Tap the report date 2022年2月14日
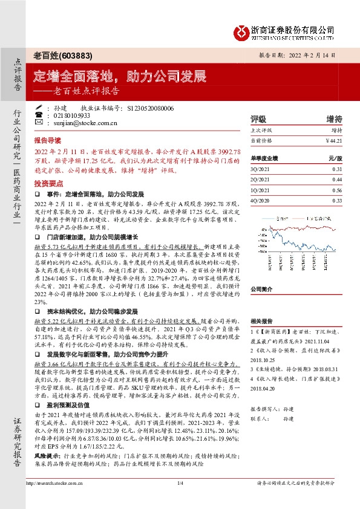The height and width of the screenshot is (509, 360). pyautogui.click(x=318, y=54)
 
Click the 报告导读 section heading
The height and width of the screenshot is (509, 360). pyautogui.click(x=47, y=138)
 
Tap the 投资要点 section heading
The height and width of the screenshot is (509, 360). pyautogui.click(x=47, y=182)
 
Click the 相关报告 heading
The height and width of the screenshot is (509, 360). pyautogui.click(x=263, y=321)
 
